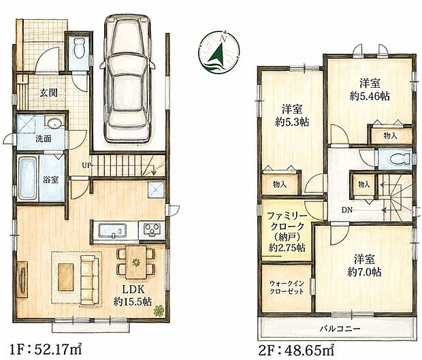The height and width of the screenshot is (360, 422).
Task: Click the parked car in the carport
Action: click(127, 78)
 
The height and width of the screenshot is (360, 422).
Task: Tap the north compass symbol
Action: click(219, 52)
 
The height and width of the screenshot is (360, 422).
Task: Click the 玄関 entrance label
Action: click(49, 93)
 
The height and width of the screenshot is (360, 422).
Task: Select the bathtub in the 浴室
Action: click(27, 178)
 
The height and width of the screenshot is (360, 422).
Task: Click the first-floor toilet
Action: click(78, 48)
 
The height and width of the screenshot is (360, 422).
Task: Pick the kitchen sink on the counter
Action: click(112, 231)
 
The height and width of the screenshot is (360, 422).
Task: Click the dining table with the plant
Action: click(136, 262)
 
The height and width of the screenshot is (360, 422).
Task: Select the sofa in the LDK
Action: click(89, 280)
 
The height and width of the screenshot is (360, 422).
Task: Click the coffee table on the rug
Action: click(65, 277)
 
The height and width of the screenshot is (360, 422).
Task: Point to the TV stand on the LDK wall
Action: click(22, 279)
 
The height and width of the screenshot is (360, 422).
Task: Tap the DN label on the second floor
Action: click(347, 210)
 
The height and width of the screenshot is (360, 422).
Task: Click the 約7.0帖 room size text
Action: click(364, 273)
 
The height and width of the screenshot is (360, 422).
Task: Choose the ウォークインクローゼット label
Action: click(287, 287)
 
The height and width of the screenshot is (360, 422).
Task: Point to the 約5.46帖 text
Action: click(370, 96)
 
